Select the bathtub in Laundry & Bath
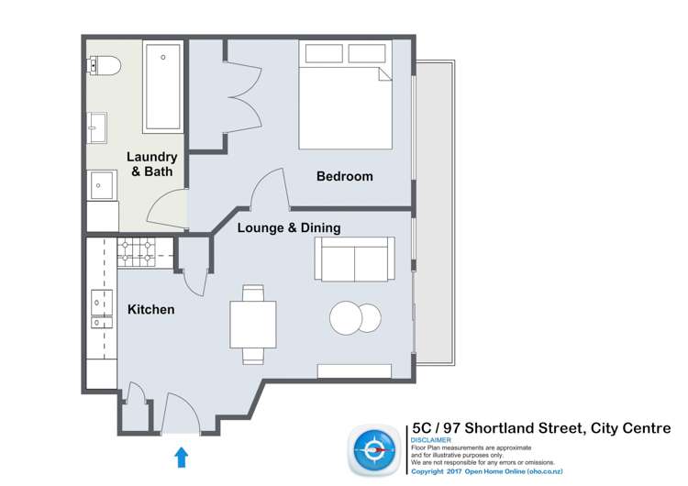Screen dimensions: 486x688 [162, 86]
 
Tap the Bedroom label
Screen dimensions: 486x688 [344, 176]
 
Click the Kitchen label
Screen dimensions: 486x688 [150, 310]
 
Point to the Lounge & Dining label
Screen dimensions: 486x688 [289, 228]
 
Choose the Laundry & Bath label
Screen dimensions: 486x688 [151, 164]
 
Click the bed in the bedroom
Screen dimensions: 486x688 [345, 94]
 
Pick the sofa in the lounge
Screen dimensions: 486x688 [354, 258]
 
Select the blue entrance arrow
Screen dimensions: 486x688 [181, 456]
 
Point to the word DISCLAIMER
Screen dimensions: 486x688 [430, 440]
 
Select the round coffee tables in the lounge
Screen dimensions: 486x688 [355, 318]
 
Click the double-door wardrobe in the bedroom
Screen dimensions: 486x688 [241, 96]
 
